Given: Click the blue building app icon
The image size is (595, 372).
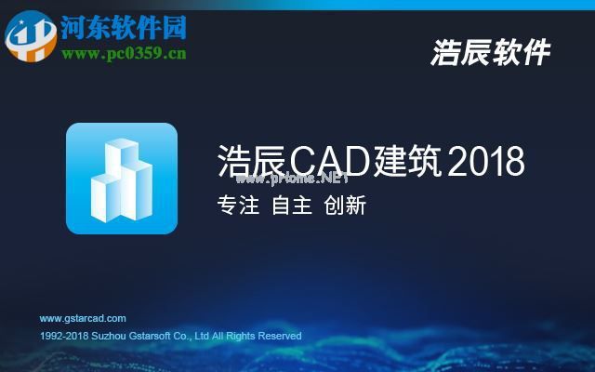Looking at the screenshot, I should [122, 178].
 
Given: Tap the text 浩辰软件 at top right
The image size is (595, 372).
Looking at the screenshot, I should [490, 53].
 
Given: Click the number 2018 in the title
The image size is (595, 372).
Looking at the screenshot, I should [486, 162].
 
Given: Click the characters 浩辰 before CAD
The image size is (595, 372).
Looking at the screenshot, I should [250, 162].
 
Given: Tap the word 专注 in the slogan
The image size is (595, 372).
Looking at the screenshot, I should [237, 206].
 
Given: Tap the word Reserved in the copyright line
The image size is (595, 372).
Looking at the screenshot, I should [280, 336].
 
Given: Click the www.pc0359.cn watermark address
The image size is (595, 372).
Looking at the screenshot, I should [124, 53].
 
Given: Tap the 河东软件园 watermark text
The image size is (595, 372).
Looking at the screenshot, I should [124, 27].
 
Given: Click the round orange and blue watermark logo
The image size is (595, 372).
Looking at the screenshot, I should [30, 34].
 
